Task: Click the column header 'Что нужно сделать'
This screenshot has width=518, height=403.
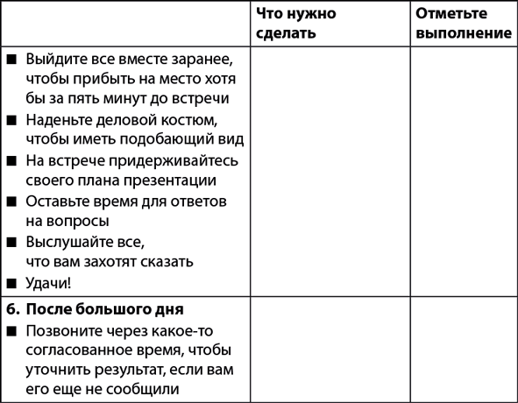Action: click(297, 24)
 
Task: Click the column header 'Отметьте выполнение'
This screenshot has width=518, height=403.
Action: click(464, 24)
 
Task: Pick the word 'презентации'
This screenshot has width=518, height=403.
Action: click(167, 180)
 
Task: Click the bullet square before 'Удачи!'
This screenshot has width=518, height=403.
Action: click(11, 283)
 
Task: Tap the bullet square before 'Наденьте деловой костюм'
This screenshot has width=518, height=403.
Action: click(11, 120)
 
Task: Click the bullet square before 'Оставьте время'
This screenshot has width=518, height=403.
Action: click(11, 201)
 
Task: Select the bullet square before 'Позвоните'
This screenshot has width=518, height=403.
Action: click(11, 331)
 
